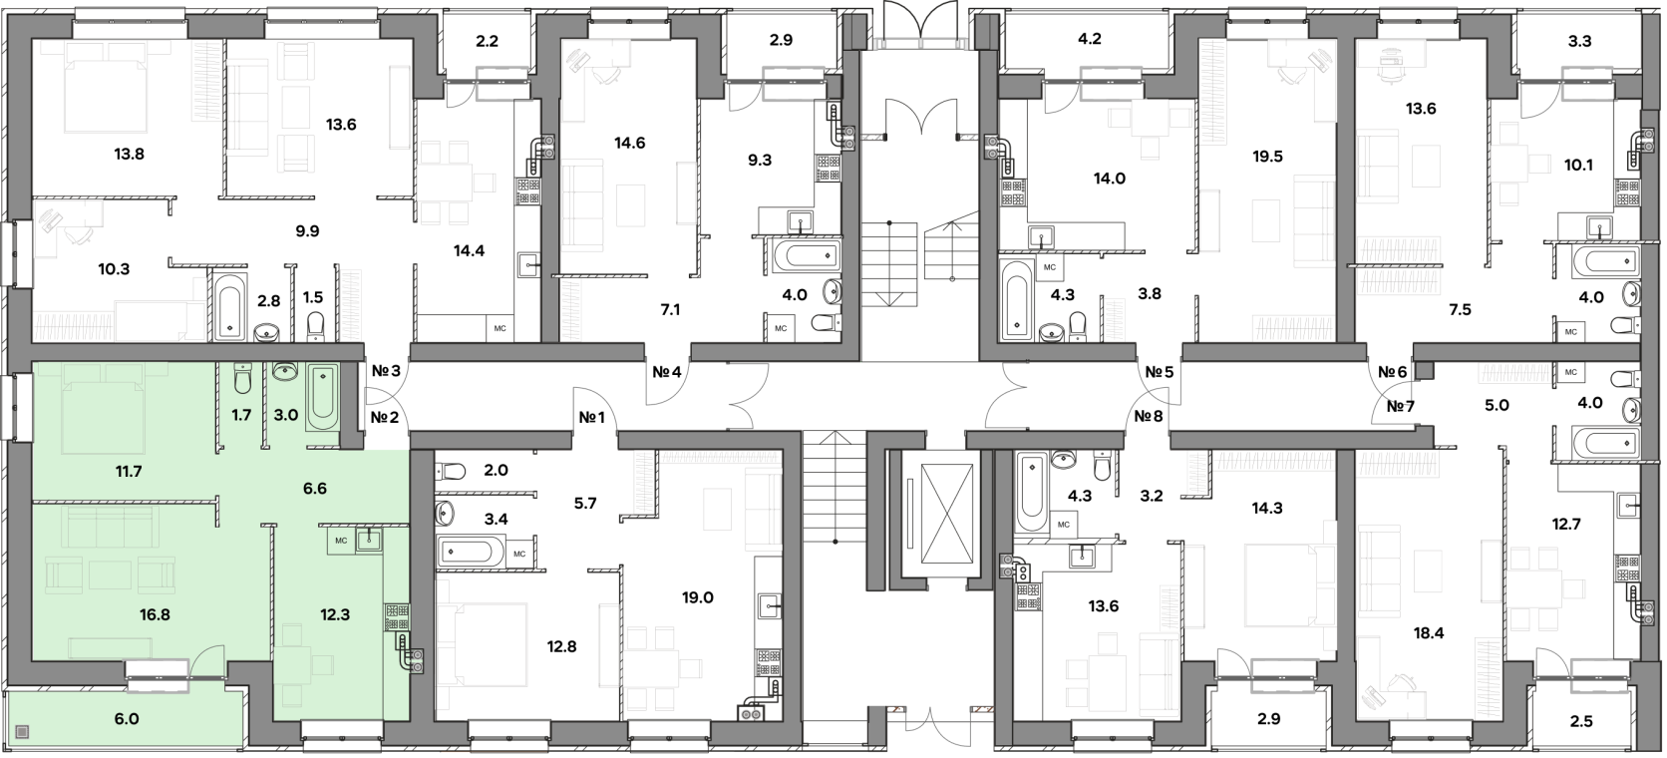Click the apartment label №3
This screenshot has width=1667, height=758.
pyautogui.click(x=386, y=370)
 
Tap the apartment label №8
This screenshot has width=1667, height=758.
pyautogui.click(x=1149, y=416)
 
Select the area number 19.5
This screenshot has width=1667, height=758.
pyautogui.click(x=1267, y=157)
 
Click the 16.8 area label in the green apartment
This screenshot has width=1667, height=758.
pyautogui.click(x=155, y=614)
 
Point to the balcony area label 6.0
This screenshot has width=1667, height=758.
pyautogui.click(x=127, y=718)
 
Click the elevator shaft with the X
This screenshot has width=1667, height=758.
pyautogui.click(x=946, y=514)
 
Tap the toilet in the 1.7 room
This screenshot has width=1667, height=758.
pyautogui.click(x=242, y=378)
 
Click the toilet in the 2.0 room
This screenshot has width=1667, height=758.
pyautogui.click(x=451, y=471)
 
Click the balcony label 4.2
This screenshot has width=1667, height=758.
pyautogui.click(x=1090, y=39)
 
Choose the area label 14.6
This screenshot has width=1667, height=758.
pyautogui.click(x=629, y=143)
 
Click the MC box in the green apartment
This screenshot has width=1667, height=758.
pyautogui.click(x=342, y=541)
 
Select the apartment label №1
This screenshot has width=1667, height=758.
pyautogui.click(x=591, y=419)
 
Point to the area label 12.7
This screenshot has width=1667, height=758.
pyautogui.click(x=1566, y=524)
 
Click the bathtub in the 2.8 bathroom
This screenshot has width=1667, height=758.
pyautogui.click(x=230, y=307)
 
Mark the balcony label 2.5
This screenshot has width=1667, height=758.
pyautogui.click(x=1581, y=721)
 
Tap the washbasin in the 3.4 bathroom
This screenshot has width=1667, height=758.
pyautogui.click(x=445, y=513)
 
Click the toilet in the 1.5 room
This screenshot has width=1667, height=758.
pyautogui.click(x=315, y=326)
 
